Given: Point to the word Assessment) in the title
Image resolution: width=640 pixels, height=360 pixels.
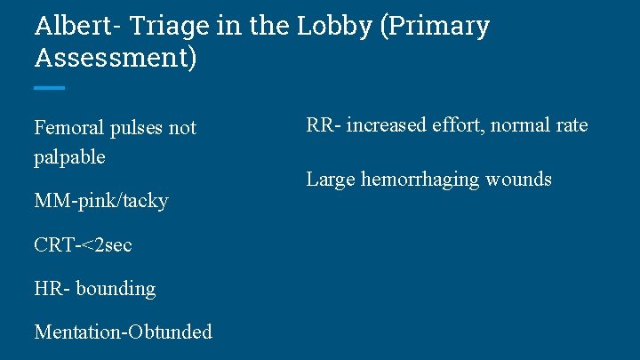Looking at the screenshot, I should pyautogui.click(x=116, y=59).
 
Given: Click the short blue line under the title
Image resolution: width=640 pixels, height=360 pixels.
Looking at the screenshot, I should pyautogui.click(x=49, y=88).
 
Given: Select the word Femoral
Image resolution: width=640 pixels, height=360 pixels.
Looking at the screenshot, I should pyautogui.click(x=69, y=128).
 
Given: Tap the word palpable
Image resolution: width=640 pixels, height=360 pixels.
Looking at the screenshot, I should pyautogui.click(x=69, y=157).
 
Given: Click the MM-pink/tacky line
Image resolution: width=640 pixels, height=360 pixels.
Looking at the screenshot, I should pyautogui.click(x=100, y=201).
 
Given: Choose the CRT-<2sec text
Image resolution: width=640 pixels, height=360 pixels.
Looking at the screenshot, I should pyautogui.click(x=83, y=244).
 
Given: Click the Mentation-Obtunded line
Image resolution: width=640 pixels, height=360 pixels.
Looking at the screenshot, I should pyautogui.click(x=123, y=332).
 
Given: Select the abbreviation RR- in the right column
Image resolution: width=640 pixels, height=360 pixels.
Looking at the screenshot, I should pyautogui.click(x=322, y=125).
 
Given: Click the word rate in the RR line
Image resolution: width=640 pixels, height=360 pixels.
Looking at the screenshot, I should pyautogui.click(x=570, y=125).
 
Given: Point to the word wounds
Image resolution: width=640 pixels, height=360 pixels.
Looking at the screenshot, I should pyautogui.click(x=519, y=180).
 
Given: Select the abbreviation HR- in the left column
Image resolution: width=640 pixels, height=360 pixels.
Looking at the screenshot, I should pyautogui.click(x=52, y=289).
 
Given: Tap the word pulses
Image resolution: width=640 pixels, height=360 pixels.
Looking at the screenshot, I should pyautogui.click(x=139, y=128).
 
